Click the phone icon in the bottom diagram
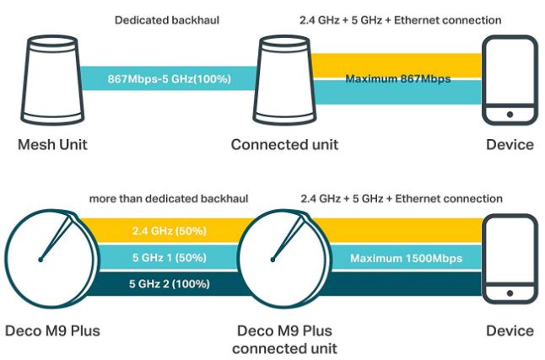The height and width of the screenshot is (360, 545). coord(509,260)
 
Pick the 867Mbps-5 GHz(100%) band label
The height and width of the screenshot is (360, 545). coord(169,79)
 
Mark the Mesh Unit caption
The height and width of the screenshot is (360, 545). coord(52,144)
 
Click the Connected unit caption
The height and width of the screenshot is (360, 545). coord(284,144)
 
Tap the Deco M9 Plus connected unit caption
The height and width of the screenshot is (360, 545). coord(284,338)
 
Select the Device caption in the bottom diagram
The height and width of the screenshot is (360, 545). coord(510,330)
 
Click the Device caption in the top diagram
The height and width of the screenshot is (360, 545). coord(510,144)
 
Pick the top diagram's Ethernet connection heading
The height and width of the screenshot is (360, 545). coord(402,19)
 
